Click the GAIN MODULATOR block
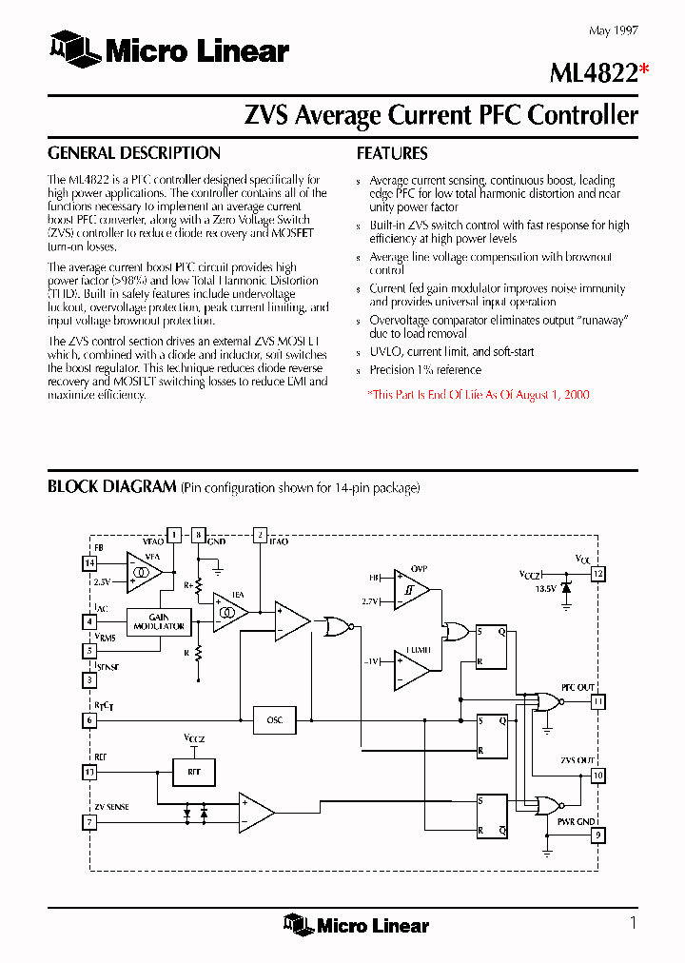click(x=159, y=622)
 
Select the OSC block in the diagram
click(x=275, y=719)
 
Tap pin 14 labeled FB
click(x=90, y=562)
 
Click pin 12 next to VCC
click(x=597, y=574)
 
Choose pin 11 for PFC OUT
click(x=597, y=702)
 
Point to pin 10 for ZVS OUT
click(x=597, y=776)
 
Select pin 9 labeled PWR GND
click(x=597, y=836)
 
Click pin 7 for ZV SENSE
click(x=90, y=821)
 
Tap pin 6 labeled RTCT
click(x=90, y=720)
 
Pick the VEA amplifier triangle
click(x=143, y=572)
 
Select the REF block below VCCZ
click(x=194, y=771)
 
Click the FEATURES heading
click(x=392, y=153)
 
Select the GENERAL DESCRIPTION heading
click(x=134, y=153)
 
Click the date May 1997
click(x=614, y=31)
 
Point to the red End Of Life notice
click(x=479, y=394)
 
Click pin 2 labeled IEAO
click(x=260, y=535)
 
